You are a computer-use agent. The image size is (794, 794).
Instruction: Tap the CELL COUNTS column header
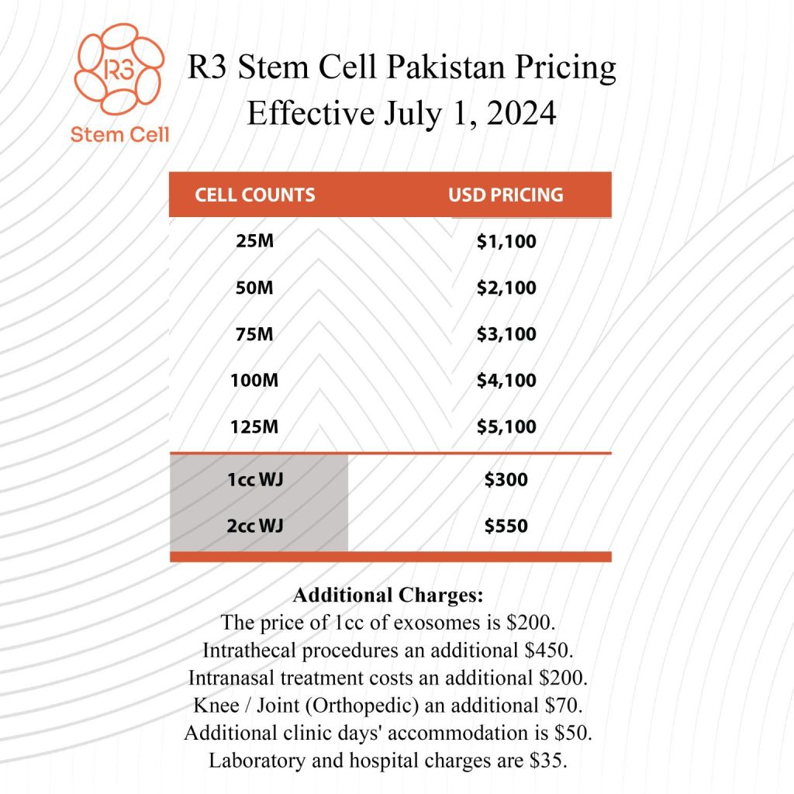[255, 195]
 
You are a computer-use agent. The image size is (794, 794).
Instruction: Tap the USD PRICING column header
[506, 195]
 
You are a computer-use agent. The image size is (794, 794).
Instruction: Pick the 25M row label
[255, 241]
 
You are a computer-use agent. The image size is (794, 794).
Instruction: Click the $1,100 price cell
[506, 241]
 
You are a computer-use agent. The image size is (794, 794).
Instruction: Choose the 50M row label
[255, 288]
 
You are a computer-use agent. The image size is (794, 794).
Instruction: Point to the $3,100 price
[506, 334]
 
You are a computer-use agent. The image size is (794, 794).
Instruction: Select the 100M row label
[255, 381]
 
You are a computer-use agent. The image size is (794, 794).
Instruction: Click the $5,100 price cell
[506, 426]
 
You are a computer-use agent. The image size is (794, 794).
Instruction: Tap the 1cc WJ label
[255, 480]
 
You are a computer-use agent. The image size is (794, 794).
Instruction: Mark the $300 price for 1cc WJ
[506, 480]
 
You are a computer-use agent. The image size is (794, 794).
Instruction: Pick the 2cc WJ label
[255, 526]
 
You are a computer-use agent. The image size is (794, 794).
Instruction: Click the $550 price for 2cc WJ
[506, 526]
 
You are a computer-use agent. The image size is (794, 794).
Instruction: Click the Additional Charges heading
[388, 597]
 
